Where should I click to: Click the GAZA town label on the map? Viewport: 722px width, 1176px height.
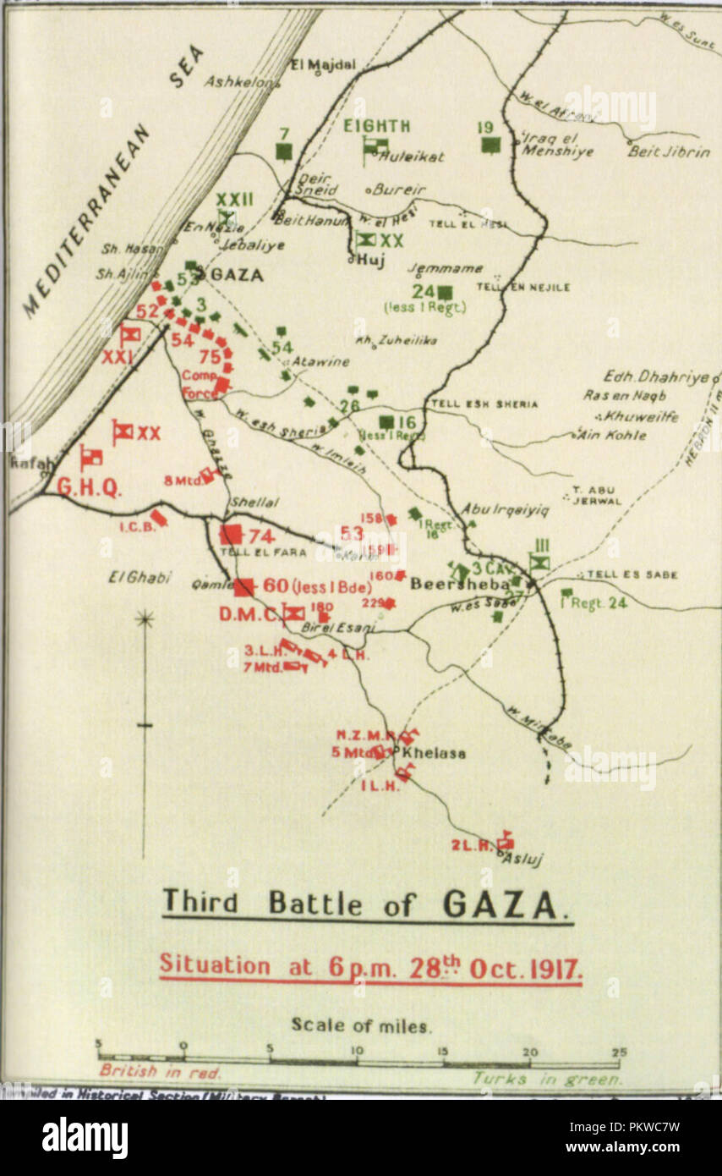[x=236, y=274]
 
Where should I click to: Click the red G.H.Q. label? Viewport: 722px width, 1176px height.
[x=90, y=487]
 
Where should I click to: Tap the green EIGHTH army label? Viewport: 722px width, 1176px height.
[x=376, y=126]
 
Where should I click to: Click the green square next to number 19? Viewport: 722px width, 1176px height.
[x=490, y=145]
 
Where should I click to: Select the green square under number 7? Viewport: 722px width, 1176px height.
[x=284, y=151]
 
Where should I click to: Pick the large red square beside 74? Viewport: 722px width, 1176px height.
[x=231, y=534]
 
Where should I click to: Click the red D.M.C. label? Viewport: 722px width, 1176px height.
[x=249, y=614]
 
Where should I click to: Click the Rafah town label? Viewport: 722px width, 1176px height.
[x=25, y=463]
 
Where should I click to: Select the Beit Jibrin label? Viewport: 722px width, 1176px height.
[x=656, y=152]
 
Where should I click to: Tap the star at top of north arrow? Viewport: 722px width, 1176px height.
[x=145, y=619]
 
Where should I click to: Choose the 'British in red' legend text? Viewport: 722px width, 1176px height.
[x=160, y=1071]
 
